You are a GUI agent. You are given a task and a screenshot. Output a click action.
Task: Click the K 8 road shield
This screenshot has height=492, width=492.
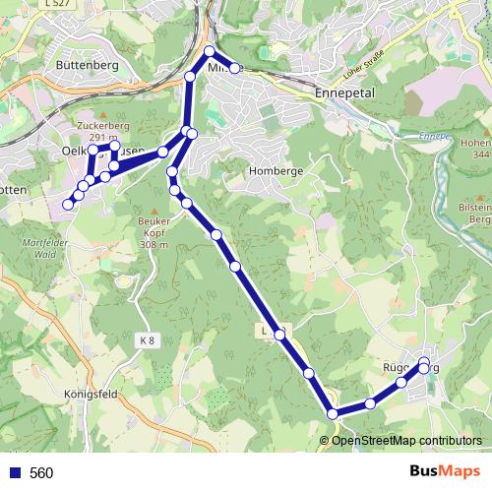[147, 339]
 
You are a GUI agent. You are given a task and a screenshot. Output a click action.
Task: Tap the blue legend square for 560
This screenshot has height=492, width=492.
[14, 473]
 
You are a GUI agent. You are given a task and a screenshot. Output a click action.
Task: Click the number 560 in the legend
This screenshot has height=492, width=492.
[41, 473]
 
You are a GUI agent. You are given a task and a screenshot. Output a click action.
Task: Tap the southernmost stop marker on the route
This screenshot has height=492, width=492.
[334, 414]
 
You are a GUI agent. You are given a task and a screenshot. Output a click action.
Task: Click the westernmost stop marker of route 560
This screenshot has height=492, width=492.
[68, 205]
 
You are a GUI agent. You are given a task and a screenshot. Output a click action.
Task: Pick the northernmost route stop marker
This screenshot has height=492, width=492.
[210, 51]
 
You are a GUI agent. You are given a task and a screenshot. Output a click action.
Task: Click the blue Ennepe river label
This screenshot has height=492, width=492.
[433, 136]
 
